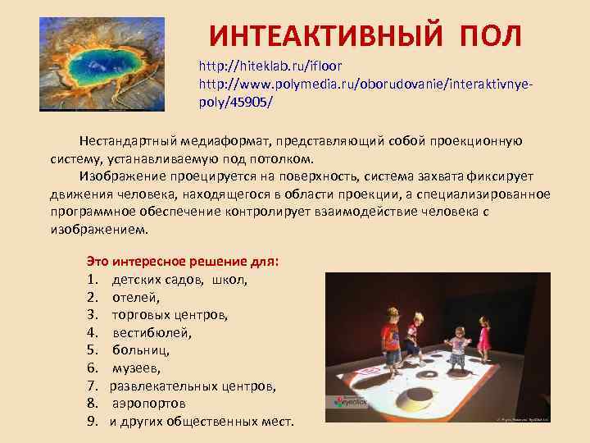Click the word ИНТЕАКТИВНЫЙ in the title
[319, 36]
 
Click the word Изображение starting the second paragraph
[126, 176]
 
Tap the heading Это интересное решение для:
[183, 262]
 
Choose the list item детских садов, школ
[179, 280]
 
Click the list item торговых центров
[170, 315]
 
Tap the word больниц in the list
[141, 350]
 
